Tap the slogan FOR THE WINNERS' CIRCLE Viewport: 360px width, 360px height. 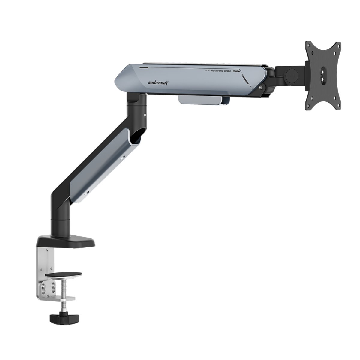coord(219,71)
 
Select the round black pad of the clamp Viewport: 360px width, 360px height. coord(64,274)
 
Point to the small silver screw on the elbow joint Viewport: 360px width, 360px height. coord(145,115)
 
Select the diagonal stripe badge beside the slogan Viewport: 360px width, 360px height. coord(237,71)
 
